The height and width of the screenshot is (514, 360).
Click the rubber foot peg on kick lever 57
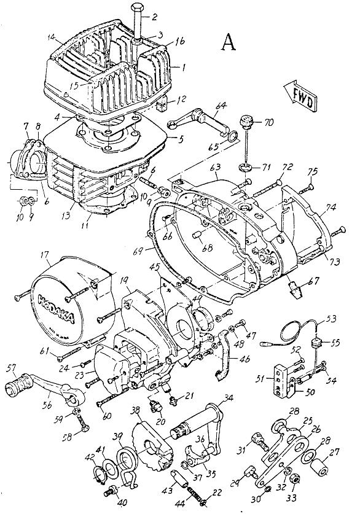click(14, 387)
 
